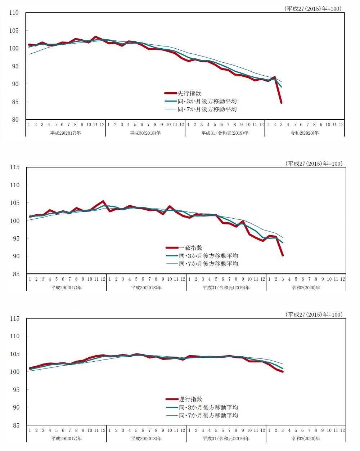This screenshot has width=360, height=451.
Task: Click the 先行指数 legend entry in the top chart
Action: click(x=189, y=93)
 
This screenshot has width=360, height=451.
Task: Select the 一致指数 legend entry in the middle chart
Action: click(x=190, y=248)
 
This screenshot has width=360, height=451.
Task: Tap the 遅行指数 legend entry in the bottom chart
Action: click(x=190, y=399)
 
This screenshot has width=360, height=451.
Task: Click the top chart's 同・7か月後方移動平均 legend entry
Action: click(x=207, y=109)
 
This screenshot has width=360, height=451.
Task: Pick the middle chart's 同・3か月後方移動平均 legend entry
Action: click(x=208, y=256)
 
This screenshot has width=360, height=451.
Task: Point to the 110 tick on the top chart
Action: click(x=14, y=13)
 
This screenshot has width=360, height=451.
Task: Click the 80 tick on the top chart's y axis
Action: click(x=14, y=120)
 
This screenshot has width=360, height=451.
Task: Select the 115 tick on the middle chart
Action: click(x=15, y=167)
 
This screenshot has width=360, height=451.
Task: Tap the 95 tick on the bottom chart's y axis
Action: click(x=15, y=390)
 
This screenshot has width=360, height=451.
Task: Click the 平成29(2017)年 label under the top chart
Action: click(x=66, y=133)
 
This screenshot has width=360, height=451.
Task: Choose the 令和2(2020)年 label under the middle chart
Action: click(x=306, y=287)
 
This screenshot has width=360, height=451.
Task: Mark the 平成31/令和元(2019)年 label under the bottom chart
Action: click(x=226, y=438)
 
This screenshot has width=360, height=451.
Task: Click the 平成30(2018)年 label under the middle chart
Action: click(x=146, y=287)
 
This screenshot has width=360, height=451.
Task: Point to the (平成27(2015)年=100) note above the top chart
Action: click(x=313, y=9)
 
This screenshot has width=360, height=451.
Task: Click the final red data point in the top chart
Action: click(x=281, y=103)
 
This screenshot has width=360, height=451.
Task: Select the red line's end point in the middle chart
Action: click(x=283, y=255)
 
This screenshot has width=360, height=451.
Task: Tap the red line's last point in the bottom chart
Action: click(x=283, y=371)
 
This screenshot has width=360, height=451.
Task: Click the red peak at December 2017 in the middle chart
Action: click(x=103, y=201)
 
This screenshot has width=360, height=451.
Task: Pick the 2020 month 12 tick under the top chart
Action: click(x=341, y=125)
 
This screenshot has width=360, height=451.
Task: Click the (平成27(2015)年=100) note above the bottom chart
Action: click(x=314, y=314)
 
